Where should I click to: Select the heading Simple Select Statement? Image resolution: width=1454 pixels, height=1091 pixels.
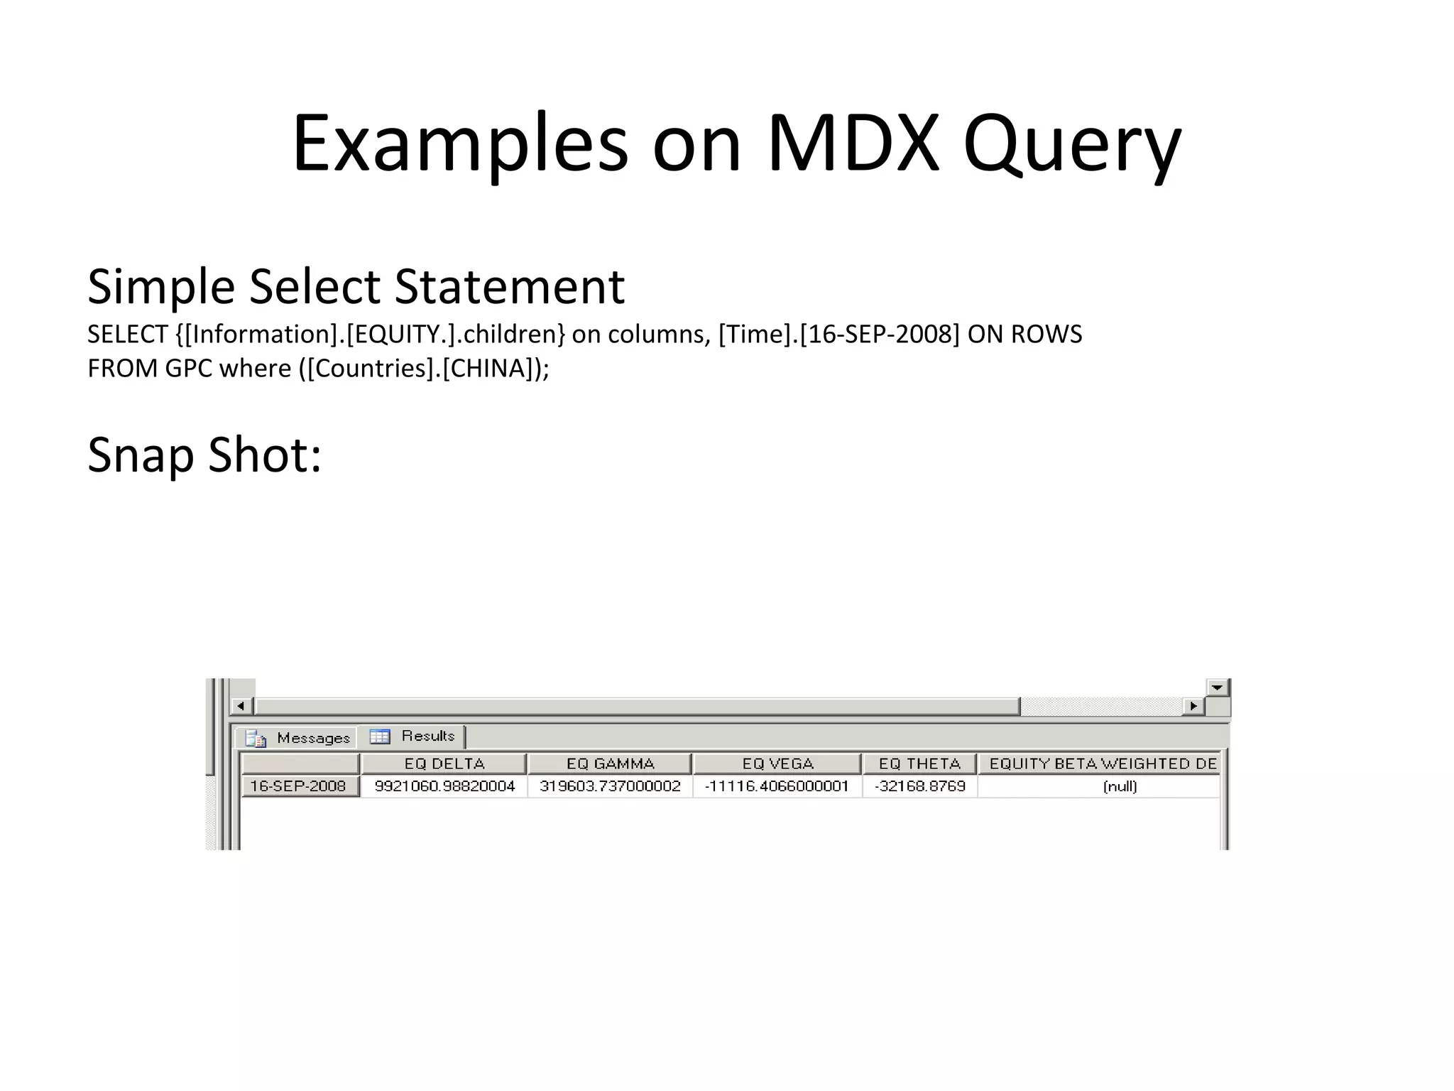(356, 286)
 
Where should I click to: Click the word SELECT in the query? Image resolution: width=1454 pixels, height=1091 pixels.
(127, 334)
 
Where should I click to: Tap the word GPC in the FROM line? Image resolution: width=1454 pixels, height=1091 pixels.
(188, 369)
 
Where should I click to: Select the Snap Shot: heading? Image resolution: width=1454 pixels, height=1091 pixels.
(204, 455)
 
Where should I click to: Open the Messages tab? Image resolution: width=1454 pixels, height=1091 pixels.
(298, 738)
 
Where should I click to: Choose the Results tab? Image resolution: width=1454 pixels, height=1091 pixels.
(412, 736)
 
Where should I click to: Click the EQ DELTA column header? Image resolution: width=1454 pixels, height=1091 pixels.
(444, 764)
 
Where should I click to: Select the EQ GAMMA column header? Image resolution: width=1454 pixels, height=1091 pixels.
(610, 764)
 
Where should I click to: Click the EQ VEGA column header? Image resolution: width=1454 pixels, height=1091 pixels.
(777, 764)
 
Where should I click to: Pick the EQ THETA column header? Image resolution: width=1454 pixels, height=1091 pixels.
(919, 764)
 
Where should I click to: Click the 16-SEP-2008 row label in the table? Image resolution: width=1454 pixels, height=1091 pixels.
(298, 786)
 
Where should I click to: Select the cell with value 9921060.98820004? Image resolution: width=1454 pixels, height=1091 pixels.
(444, 786)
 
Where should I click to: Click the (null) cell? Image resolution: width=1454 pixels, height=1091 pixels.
(1120, 786)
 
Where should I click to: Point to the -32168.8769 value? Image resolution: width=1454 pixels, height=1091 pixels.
(919, 786)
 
